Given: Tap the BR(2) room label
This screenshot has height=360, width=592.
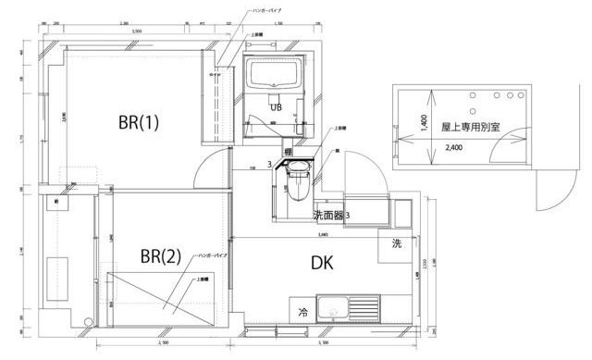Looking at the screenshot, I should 159,255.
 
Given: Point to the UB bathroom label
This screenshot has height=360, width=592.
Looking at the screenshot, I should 276,107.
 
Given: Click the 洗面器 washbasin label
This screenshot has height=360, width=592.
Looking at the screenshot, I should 328,215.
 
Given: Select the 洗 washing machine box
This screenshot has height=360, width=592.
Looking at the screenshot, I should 396,244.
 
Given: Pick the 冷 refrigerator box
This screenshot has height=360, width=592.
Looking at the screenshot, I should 302,311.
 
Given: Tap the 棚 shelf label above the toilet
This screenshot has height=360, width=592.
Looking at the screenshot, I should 289,152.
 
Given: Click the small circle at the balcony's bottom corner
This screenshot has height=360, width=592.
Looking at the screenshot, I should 88,322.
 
